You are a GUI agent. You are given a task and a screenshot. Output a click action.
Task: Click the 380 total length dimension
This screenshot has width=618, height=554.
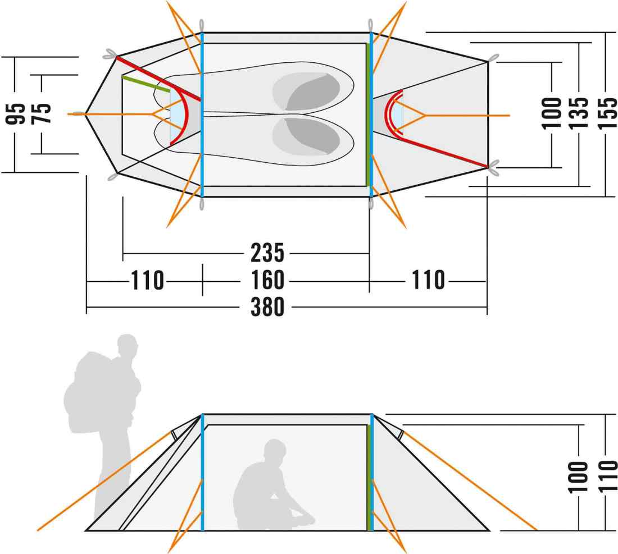pos(267,306)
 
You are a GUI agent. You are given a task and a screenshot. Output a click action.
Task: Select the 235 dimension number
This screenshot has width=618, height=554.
pos(267,253)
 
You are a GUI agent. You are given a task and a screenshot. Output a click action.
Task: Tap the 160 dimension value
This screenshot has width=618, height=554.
pos(267,280)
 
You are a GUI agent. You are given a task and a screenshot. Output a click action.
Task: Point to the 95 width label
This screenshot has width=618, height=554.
pos(15,114)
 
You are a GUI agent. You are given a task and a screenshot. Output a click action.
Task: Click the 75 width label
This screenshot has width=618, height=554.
pos(41,113)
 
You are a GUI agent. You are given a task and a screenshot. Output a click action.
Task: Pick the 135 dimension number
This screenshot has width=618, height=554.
pos(578,113)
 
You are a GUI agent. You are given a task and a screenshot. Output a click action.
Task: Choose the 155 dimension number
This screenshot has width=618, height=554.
pos(607,113)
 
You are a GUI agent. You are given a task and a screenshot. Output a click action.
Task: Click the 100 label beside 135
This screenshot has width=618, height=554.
pos(551,113)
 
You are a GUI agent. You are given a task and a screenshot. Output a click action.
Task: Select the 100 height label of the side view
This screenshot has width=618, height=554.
pos(578,477)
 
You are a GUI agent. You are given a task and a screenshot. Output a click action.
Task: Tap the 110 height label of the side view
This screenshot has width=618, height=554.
pos(607,477)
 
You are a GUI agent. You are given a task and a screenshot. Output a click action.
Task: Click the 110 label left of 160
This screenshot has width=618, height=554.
pos(147,280)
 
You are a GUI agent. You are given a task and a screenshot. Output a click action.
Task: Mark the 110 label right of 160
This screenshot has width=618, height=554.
pos(428,280)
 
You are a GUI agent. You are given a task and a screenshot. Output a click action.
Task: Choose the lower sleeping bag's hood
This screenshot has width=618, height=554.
pos(307,136)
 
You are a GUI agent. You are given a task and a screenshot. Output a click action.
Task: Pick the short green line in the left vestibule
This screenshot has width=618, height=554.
pos(146,84)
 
